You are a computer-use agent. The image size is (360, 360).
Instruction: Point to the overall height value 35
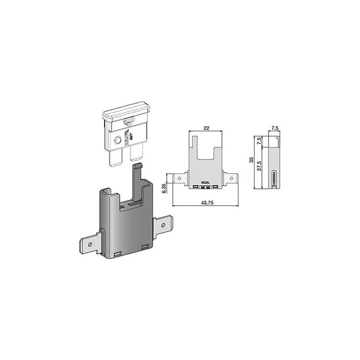(x=252, y=161)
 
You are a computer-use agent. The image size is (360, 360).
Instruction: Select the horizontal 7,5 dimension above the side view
(x=274, y=128)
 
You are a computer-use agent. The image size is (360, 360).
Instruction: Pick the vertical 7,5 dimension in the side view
(x=259, y=141)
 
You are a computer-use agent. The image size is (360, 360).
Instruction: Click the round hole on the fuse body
(x=117, y=140)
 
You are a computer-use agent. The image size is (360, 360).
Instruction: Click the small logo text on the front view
(x=205, y=183)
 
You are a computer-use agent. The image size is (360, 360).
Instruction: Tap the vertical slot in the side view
(x=274, y=180)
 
